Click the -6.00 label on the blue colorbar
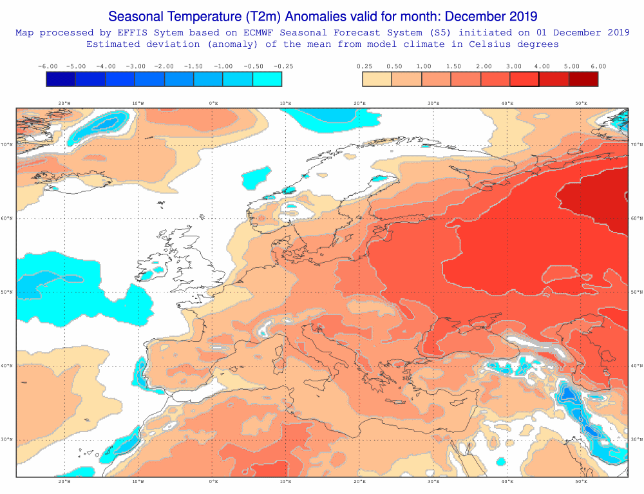pos(48,66)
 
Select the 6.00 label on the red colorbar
pos(598,66)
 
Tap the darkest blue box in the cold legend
pos(61,79)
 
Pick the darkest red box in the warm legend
pos(583,79)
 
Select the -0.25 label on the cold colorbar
pos(282,66)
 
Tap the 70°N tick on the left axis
pos(8,145)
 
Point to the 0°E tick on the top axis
pos(213,103)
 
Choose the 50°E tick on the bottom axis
pos(581,481)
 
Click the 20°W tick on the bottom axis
pos(64,481)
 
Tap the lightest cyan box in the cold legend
pos(267,79)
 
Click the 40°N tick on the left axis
pos(8,366)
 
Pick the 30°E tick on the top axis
pos(433,103)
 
